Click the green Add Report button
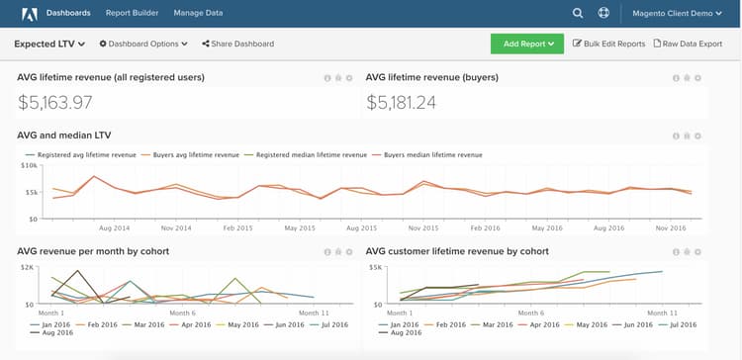[526, 44]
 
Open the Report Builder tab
[133, 14]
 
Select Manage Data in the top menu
[198, 14]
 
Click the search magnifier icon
[578, 14]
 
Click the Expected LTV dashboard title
[49, 44]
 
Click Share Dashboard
[237, 44]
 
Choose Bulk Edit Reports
[609, 44]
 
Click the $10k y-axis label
[28, 166]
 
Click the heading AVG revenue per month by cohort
[93, 251]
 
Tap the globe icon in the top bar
[604, 14]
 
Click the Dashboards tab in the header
[68, 14]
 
